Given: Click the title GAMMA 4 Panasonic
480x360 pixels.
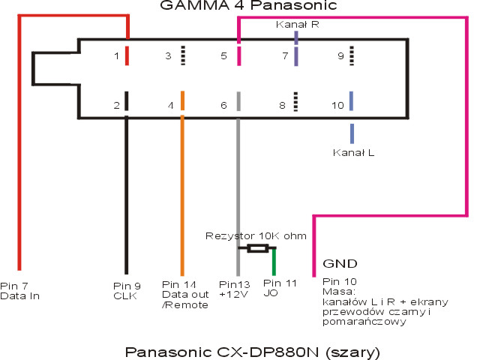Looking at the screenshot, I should (240, 7).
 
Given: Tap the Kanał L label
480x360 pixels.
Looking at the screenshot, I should (353, 153).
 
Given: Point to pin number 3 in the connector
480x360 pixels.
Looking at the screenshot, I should (169, 56).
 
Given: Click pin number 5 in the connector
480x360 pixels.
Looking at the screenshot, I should (223, 56).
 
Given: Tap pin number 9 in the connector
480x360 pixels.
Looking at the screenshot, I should (340, 56).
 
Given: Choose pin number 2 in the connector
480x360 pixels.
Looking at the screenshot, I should (117, 106).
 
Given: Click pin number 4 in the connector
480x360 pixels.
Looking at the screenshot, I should (171, 106).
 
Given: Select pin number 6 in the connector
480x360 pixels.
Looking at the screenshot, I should (223, 106).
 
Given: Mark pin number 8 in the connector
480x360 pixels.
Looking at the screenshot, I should (283, 106).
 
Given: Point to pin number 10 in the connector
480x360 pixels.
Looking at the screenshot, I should (337, 106).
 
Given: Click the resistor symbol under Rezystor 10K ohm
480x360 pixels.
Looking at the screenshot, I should (258, 248).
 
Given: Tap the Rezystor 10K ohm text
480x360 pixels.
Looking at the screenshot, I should (256, 235).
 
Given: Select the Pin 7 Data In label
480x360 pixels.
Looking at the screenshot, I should (28, 290).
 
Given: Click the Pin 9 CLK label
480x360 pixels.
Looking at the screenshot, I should (127, 290).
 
